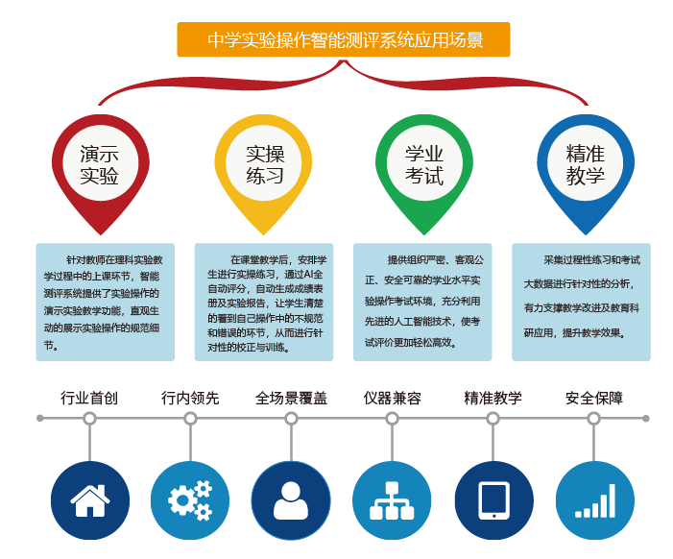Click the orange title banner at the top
click(344, 40)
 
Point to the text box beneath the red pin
click(105, 302)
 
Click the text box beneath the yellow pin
click(264, 302)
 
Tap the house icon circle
click(89, 500)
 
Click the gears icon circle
click(190, 500)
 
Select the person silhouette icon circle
click(291, 500)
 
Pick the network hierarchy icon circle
click(392, 500)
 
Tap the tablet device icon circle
click(493, 500)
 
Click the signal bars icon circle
click(594, 500)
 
